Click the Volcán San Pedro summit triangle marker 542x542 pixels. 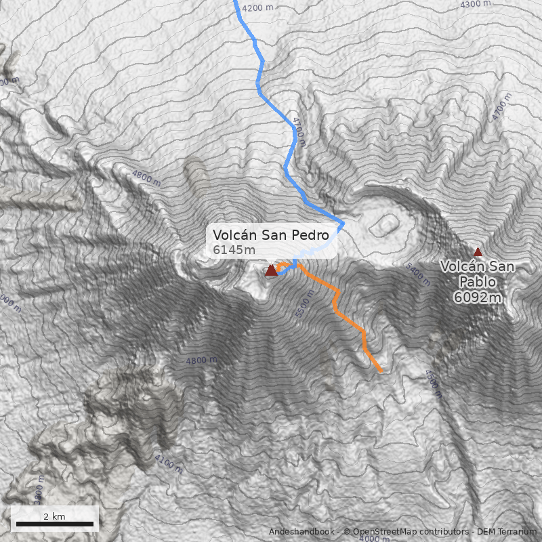[272, 271]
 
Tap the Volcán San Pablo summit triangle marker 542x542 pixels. [478, 251]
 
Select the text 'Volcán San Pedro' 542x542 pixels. [270, 235]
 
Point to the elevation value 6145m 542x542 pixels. [234, 250]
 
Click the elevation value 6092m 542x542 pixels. [478, 297]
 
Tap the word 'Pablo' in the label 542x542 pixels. [478, 281]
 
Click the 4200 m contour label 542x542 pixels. [257, 7]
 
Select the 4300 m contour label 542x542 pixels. [475, 4]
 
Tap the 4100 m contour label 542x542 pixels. [168, 465]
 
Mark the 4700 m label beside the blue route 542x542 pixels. [299, 131]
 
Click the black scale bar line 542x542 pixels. [54, 524]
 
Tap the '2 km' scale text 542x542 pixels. [54, 516]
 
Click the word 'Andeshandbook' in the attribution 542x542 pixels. [301, 532]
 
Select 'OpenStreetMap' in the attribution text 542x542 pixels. [381, 532]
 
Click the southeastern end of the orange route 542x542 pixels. [381, 371]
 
